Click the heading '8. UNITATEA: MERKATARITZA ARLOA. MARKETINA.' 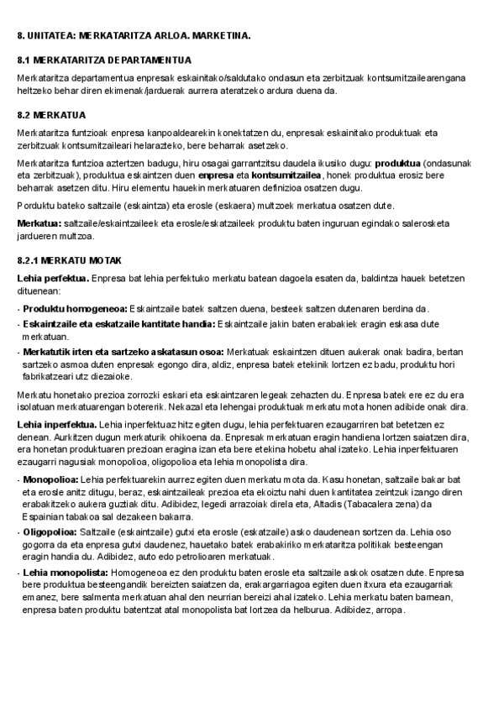(x=134, y=37)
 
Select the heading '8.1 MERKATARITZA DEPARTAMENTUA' (x=104, y=60)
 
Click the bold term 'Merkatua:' (x=39, y=222)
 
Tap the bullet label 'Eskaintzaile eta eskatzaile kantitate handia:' (x=118, y=323)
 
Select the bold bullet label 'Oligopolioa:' (x=51, y=531)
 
